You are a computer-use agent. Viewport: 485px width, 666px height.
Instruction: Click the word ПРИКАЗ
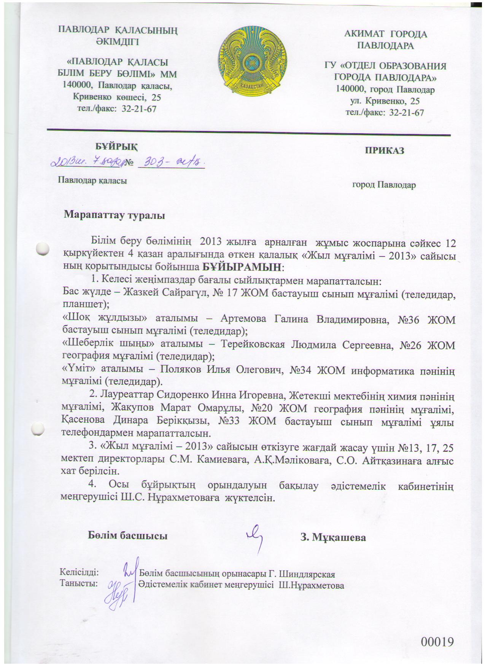tap(384, 150)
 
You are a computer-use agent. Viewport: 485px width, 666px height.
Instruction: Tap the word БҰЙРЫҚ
tap(116, 147)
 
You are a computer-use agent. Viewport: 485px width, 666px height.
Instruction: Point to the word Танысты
tap(79, 583)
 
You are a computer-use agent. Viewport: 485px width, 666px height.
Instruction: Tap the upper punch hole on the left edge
tap(43, 249)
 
